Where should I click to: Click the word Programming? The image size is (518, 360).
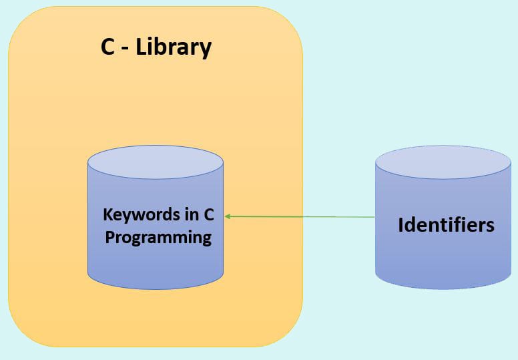158,238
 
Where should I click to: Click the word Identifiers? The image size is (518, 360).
446,224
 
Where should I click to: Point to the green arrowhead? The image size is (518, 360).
228,216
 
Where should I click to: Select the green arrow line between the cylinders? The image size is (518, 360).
300,216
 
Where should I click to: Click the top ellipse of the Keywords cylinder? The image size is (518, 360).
155,163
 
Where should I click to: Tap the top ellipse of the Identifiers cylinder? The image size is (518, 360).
443,162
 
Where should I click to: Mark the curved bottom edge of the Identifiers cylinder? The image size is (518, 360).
443,288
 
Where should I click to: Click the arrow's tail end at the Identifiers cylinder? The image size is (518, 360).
374,217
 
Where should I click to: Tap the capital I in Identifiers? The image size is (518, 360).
401,224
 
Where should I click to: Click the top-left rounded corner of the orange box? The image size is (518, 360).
20,20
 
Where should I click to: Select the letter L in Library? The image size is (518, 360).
141,47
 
